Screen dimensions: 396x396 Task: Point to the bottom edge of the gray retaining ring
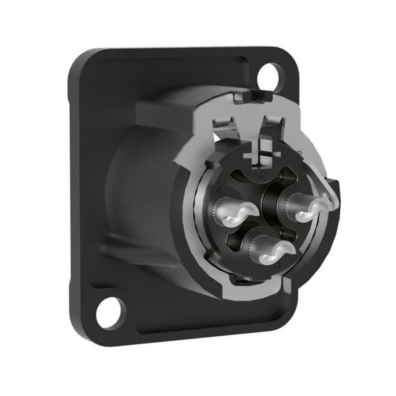click(x=257, y=292)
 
